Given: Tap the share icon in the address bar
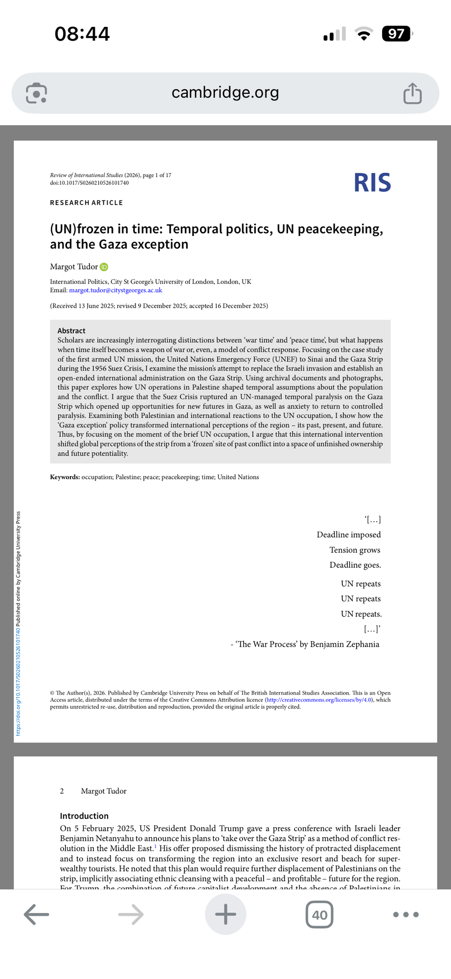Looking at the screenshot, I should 412,93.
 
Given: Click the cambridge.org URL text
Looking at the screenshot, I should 225,92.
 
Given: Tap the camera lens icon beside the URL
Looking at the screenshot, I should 37,93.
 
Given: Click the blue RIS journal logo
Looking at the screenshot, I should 372,183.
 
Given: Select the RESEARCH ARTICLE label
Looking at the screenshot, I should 87,203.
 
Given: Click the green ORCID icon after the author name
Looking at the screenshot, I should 104,267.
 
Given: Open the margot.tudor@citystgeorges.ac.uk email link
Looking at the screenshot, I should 115,290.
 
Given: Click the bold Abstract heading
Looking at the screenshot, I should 71,330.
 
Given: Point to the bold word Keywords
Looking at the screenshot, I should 65,477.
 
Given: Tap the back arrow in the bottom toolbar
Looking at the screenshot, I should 36,914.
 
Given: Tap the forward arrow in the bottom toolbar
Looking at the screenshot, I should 131,914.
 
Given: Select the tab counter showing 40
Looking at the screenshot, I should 319,914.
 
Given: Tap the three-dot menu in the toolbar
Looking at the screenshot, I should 406,914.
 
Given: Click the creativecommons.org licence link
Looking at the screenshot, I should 319,700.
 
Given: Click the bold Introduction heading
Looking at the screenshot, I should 84,816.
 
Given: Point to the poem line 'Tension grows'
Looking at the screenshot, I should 355,550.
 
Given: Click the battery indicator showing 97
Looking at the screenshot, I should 397,34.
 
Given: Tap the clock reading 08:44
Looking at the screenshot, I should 82,34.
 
